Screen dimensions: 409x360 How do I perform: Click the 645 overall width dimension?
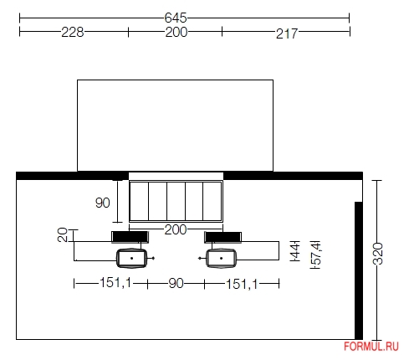point(176,18)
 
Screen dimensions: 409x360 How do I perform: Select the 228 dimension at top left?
point(73,32)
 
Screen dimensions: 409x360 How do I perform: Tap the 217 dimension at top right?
point(287,33)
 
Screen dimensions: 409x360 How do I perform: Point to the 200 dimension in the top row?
point(176,32)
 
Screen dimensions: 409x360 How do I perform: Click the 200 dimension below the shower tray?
point(176,229)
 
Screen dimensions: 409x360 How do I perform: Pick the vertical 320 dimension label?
point(378,254)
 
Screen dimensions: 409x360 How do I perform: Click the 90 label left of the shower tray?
point(103,203)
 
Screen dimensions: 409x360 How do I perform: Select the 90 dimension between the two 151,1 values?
point(176,283)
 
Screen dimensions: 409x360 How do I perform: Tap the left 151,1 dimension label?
point(115,282)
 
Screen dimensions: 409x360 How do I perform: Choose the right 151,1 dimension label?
point(242,285)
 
